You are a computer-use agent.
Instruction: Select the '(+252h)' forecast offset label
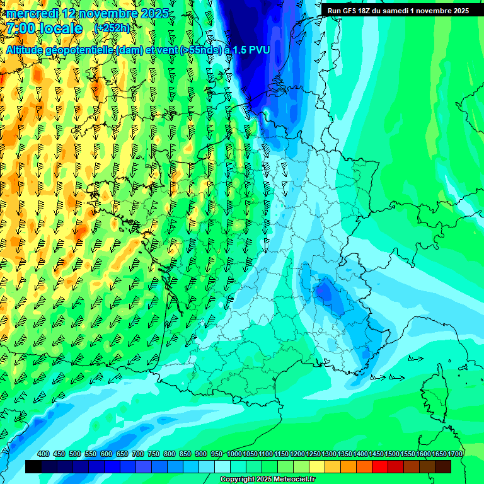113,28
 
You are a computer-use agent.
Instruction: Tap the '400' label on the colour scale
43,454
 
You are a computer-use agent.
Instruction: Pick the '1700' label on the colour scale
455,454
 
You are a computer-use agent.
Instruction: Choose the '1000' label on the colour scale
234,454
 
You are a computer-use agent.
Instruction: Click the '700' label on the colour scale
138,454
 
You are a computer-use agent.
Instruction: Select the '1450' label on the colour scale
376,454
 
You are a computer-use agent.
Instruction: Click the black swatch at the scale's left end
33,466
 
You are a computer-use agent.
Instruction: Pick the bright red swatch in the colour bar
380,466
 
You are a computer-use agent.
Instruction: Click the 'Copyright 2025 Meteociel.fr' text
267,480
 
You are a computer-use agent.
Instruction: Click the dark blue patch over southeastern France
325,291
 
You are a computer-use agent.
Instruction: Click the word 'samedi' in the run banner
401,10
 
